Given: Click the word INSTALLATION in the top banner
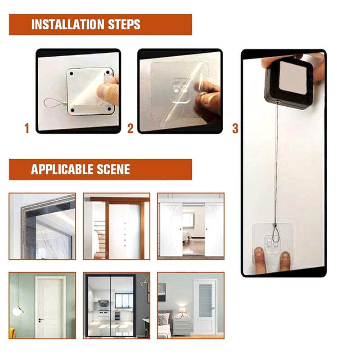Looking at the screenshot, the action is coord(68,25).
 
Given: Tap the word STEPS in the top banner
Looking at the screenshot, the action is coord(124,25).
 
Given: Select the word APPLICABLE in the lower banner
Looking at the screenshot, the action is coord(62,170).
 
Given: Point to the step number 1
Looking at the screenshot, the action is coord(27,128).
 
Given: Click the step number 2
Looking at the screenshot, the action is coord(130,128).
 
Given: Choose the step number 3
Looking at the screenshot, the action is coord(235,128).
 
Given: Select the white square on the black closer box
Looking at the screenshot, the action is coord(293,77).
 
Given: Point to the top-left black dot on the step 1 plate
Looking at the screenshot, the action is coord(72,74).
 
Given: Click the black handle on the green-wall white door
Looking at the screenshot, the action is coord(40,320).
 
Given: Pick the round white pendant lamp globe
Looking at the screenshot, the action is coord(17,311).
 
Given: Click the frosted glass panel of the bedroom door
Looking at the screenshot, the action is coord(205,301).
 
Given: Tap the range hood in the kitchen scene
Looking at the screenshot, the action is coord(103,303).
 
